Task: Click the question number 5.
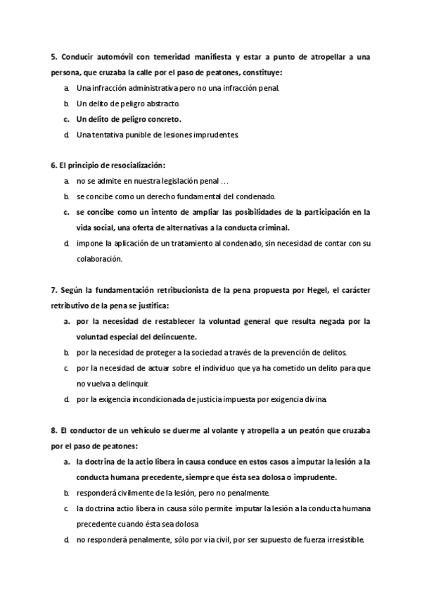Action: (54, 57)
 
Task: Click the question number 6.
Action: (54, 165)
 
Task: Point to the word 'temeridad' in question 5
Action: (191, 57)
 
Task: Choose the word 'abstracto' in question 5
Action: (164, 103)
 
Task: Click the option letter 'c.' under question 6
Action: (65, 212)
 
